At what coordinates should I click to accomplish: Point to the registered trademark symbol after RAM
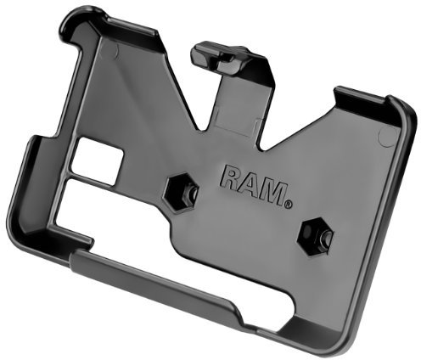pyautogui.click(x=289, y=203)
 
